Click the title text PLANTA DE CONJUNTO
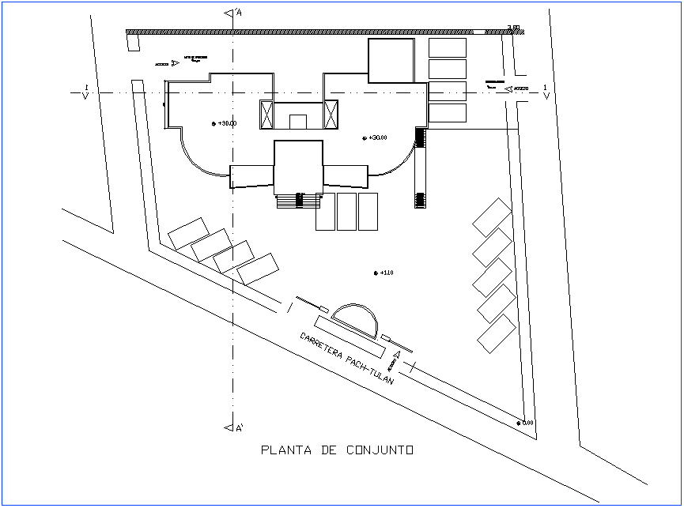[x=337, y=450]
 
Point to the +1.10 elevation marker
[x=384, y=273]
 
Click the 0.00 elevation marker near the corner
[x=525, y=423]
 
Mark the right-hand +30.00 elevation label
[x=375, y=137]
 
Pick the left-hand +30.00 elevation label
[x=225, y=123]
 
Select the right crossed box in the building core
[x=331, y=115]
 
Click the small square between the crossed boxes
[x=297, y=122]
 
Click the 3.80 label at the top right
[x=512, y=28]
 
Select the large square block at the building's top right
[x=391, y=61]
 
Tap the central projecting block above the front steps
[x=298, y=166]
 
